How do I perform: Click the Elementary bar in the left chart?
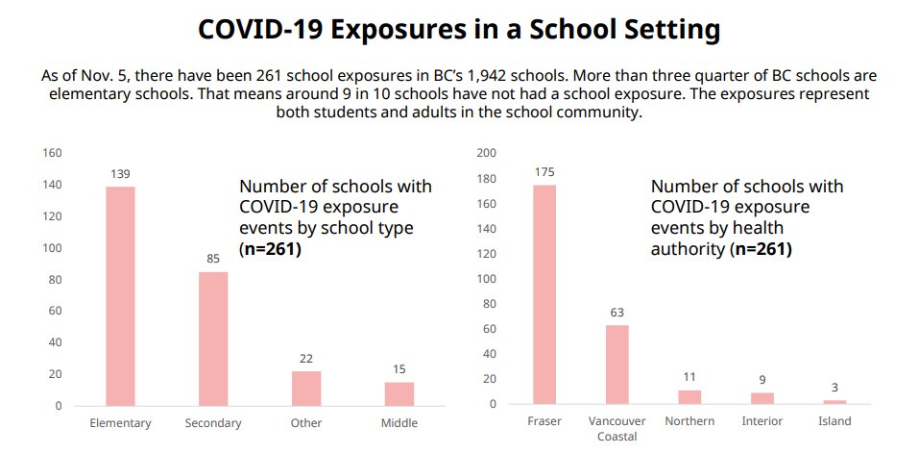[120, 296]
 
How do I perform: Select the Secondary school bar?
[213, 339]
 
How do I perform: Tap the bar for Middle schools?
[399, 393]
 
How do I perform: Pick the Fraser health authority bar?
[544, 294]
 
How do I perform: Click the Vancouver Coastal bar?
[617, 365]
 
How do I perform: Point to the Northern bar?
[689, 396]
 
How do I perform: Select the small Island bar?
[834, 401]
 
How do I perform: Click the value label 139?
[120, 173]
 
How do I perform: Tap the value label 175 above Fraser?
[544, 171]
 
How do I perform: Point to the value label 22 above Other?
[306, 359]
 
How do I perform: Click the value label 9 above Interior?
[762, 380]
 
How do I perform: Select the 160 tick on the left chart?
[52, 153]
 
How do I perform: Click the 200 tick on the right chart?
[486, 153]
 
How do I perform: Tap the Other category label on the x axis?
[306, 423]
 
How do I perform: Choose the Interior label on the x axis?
[762, 421]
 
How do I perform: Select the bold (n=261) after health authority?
[761, 249]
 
